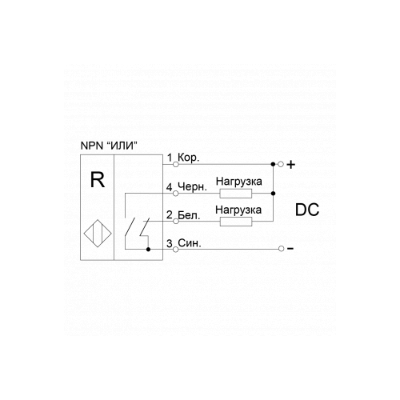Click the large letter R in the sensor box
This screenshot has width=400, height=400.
[98, 179]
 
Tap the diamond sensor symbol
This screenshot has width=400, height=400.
[98, 234]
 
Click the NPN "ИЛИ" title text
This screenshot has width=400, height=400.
[109, 146]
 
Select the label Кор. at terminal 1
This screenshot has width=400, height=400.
[188, 158]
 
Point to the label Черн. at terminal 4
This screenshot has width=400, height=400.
[192, 186]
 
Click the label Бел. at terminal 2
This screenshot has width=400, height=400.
[189, 215]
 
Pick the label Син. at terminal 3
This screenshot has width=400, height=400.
[190, 243]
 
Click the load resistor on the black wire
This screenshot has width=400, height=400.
[236, 194]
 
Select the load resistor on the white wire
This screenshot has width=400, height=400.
[236, 222]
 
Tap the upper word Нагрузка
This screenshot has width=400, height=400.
[239, 182]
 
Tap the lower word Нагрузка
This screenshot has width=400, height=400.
[238, 210]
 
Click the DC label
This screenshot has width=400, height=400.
[307, 210]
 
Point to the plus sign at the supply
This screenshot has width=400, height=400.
[291, 165]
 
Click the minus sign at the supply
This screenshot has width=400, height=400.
[290, 249]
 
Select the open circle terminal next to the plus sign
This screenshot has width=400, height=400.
[281, 164]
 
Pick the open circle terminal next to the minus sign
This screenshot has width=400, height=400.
[281, 249]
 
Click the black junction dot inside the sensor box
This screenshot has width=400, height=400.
[149, 250]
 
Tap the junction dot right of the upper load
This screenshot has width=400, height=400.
[273, 194]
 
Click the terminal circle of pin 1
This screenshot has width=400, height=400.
[176, 165]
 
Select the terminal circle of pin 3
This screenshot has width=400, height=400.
[175, 250]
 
